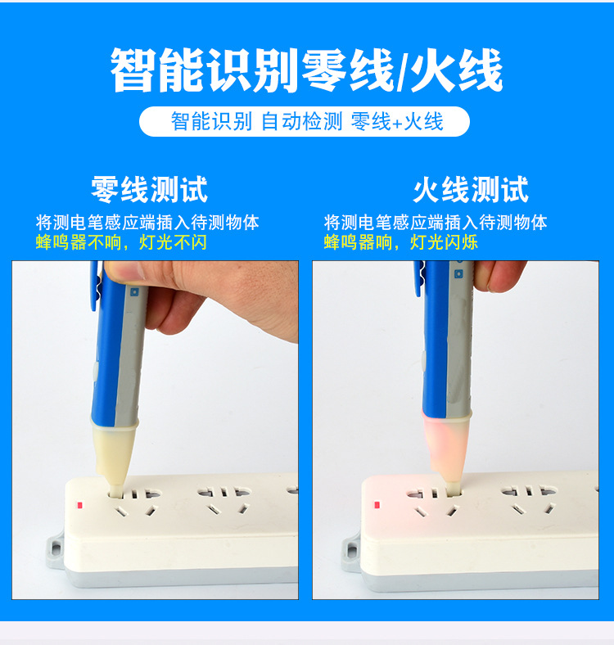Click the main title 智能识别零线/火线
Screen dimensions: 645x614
pyautogui.click(x=306, y=71)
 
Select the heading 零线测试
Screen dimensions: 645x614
pyautogui.click(x=149, y=190)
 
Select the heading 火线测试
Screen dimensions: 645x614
pyautogui.click(x=471, y=190)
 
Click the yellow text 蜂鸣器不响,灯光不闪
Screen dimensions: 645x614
pyautogui.click(x=120, y=242)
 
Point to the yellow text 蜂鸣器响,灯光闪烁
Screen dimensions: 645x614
pyautogui.click(x=400, y=242)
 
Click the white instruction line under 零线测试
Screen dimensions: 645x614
pyautogui.click(x=147, y=222)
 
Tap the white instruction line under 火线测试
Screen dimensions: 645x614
pyautogui.click(x=436, y=222)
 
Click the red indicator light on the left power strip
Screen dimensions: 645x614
pyautogui.click(x=79, y=506)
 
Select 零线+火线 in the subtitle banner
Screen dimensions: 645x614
pyautogui.click(x=397, y=122)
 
